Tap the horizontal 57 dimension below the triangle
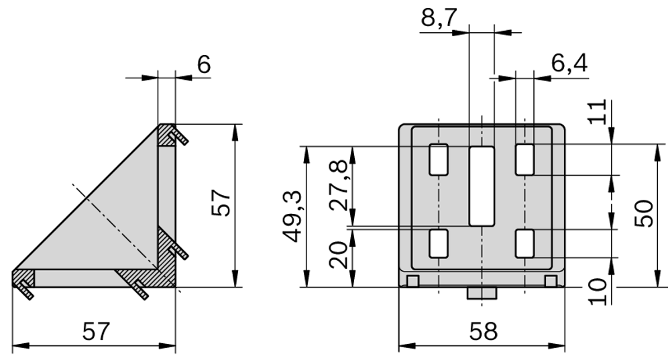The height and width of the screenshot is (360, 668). point(95,331)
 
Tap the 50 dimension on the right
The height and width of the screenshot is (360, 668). point(644,214)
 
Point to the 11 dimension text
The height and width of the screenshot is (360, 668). point(600,112)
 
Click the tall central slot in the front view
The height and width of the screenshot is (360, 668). point(481,186)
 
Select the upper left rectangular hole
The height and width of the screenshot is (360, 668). point(438,160)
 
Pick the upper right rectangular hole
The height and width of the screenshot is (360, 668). point(524,160)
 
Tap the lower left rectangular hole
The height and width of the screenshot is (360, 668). point(438,243)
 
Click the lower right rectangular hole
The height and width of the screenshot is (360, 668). point(524,243)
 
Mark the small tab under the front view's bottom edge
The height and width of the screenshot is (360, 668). point(480,294)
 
